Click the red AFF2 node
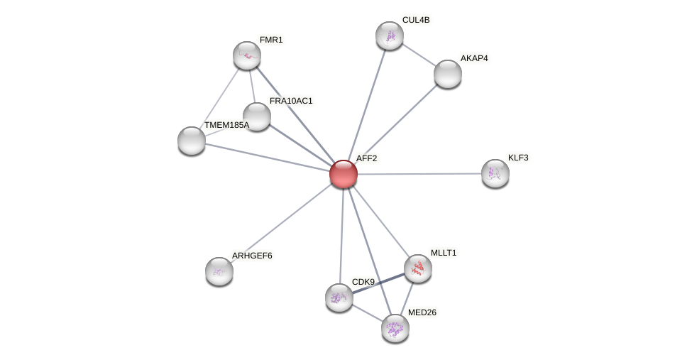(344, 174)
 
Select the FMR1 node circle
(247, 55)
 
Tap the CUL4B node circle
(390, 36)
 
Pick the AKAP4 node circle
(448, 74)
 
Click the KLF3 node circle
(495, 173)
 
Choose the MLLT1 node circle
(418, 268)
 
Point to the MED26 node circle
(395, 328)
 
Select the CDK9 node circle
(339, 298)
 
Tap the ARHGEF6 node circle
(219, 271)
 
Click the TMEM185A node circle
(192, 141)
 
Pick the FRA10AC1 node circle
(257, 116)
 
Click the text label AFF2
(366, 158)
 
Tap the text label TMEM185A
(226, 125)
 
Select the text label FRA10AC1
(290, 101)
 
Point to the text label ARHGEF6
(252, 256)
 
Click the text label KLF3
(518, 158)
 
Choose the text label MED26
(422, 312)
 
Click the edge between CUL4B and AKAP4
(419, 55)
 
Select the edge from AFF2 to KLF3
(419, 173)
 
